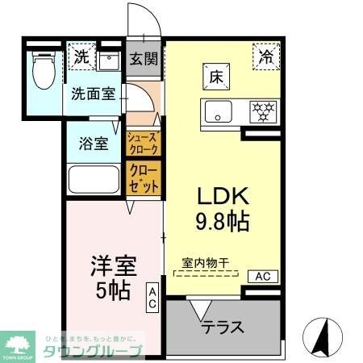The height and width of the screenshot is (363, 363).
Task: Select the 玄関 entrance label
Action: (145, 60)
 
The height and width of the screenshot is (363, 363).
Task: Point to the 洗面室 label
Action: (94, 93)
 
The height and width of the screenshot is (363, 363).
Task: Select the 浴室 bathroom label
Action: (94, 144)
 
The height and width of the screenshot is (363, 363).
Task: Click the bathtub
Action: (94, 179)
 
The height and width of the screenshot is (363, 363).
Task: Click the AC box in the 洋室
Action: (152, 298)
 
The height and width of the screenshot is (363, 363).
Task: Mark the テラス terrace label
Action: (221, 330)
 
